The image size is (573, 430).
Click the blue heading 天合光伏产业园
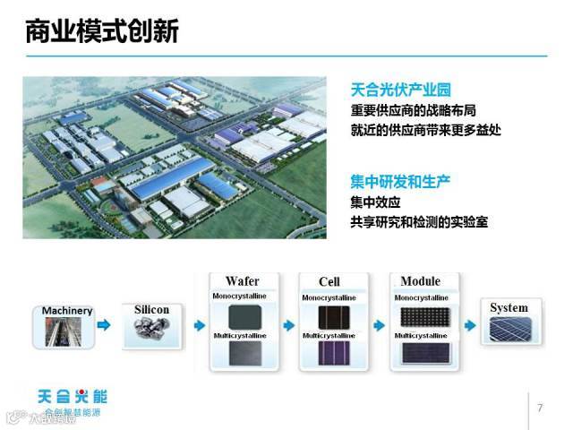pos(399,90)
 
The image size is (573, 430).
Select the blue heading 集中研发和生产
pos(399,181)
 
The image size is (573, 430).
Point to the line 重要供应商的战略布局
pos(413,112)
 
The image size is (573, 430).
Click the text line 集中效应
pos(375,202)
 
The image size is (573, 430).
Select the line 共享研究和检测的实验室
pos(419,222)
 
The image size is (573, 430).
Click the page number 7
pos(540,408)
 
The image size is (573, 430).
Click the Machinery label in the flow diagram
pos(67,311)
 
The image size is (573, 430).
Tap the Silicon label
pos(151,309)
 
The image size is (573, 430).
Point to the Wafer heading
pos(242,281)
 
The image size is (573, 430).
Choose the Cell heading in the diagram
pos(329,282)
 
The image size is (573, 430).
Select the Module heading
pos(420,281)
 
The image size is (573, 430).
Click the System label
pos(509,308)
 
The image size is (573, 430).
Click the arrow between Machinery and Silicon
pos(105,326)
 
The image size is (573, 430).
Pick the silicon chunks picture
pos(151,331)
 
